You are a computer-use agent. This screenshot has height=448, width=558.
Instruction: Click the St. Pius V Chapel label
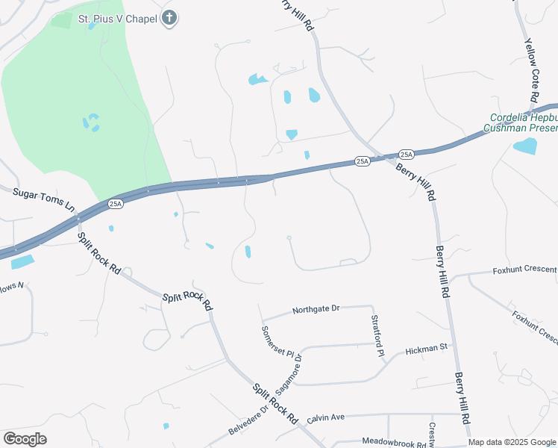point(117,17)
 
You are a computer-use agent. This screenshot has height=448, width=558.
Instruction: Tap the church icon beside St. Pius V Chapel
point(169,17)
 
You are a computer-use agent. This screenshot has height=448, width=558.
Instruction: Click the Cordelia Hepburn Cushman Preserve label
point(523,123)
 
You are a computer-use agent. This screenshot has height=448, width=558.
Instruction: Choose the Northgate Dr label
point(316,309)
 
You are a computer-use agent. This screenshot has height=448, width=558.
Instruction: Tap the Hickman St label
point(426,348)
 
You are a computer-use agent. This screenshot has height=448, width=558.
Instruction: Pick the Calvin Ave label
point(325,417)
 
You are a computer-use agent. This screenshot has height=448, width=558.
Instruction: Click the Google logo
point(25,438)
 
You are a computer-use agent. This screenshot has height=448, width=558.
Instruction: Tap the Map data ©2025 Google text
point(512,442)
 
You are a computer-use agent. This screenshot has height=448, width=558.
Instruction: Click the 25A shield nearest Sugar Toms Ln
point(115,203)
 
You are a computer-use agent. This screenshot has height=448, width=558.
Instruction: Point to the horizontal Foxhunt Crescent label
point(524,270)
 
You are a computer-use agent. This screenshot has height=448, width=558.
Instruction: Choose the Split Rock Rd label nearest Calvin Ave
point(274,403)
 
